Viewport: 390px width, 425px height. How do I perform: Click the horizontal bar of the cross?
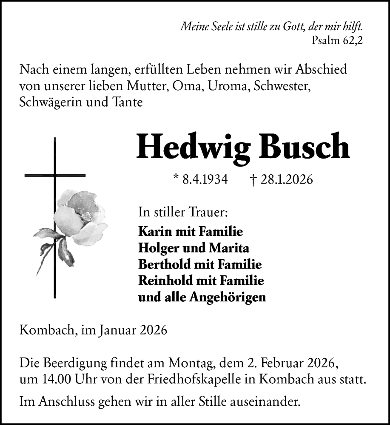coord(55,175)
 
